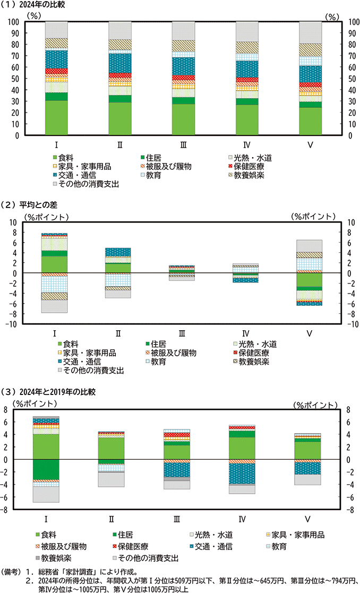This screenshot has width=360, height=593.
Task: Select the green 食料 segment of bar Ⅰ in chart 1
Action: point(56,117)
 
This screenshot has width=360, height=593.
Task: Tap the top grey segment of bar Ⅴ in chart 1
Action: point(310,32)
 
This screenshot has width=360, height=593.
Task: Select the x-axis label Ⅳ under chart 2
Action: point(245,333)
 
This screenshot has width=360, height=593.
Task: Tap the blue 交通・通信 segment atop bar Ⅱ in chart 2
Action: point(118,252)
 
